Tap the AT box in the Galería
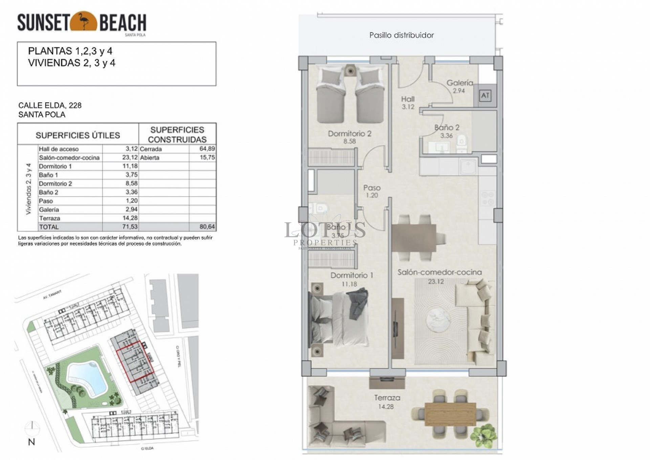tap(485, 96)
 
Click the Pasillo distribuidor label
tap(402, 35)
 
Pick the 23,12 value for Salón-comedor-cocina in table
tap(130, 158)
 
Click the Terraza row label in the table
tap(49, 218)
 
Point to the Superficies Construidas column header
tap(177, 135)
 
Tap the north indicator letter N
tap(31, 442)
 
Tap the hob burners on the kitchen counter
tap(486, 199)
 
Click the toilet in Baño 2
tap(461, 144)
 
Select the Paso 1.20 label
tap(372, 191)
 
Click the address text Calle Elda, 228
tap(50, 105)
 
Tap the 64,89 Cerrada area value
tap(207, 149)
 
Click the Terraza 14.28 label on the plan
tap(387, 402)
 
